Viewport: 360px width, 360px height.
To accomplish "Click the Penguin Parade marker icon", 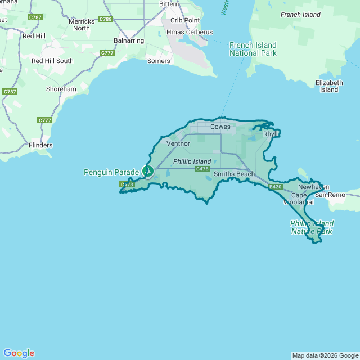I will [148, 170].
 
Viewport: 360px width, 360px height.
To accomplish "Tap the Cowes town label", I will [220, 127].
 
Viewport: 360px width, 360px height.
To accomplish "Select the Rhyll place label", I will [271, 134].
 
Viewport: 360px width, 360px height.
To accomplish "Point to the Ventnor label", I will [179, 143].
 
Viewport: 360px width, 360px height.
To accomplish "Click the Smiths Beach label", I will [234, 174].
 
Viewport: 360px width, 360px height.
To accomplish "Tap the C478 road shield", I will [202, 169].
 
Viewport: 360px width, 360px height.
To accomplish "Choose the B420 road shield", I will [275, 187].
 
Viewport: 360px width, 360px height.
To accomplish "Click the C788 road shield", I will [105, 19].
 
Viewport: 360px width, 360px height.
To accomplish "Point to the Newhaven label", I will [313, 187].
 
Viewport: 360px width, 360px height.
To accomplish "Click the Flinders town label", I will [40, 145].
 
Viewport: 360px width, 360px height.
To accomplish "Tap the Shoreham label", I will [61, 89].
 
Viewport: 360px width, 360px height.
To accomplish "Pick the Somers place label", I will [159, 61].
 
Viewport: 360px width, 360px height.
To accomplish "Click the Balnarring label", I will [129, 40].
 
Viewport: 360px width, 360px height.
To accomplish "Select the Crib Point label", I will [185, 20].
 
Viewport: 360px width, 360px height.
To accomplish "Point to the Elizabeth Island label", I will [329, 86].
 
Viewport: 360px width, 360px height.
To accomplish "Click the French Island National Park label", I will [253, 49].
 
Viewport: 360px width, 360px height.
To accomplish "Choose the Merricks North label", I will [82, 25].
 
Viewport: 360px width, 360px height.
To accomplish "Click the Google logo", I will [19, 353].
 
